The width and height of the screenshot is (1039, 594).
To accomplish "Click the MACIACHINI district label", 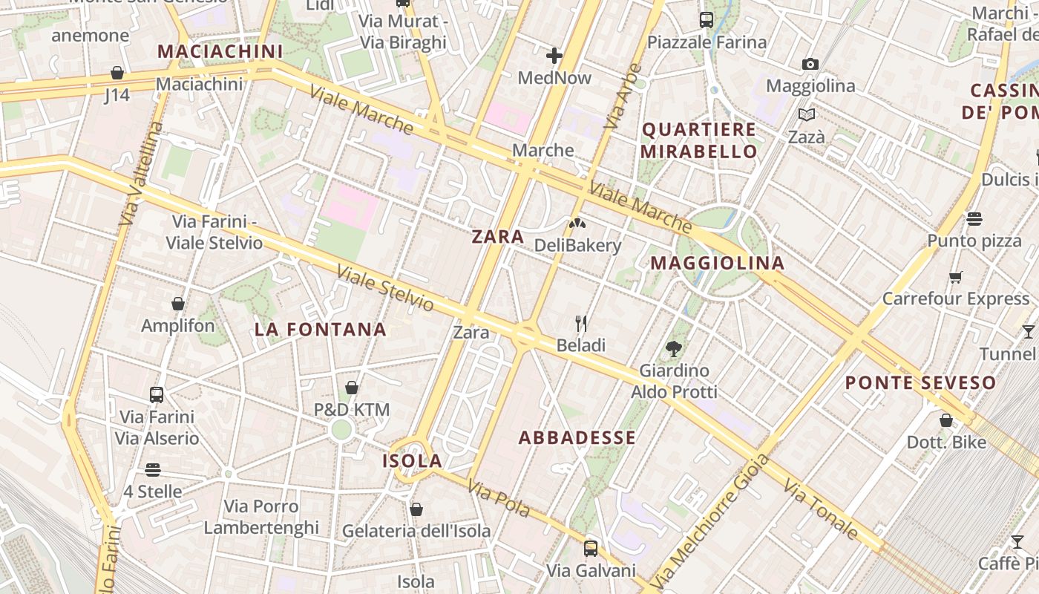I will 220,51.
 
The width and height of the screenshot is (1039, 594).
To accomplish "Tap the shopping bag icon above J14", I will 117,73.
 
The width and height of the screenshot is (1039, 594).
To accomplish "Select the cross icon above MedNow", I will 554,55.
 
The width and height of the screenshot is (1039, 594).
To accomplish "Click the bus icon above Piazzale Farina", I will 707,20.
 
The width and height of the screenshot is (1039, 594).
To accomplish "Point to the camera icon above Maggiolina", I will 810,65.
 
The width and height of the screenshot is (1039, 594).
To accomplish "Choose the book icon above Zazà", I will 807,114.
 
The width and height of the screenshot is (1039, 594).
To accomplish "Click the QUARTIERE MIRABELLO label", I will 699,140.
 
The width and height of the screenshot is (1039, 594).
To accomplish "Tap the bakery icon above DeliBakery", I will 577,223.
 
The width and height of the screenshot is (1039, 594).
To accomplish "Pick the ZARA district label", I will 498,237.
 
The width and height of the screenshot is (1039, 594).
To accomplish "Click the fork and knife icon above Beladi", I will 581,323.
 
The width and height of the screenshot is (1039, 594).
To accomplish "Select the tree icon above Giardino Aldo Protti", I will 674,347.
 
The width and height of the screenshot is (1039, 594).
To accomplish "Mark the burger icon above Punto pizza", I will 974,219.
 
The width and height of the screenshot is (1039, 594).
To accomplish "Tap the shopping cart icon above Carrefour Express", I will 956,277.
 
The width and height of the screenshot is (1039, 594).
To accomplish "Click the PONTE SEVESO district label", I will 920,383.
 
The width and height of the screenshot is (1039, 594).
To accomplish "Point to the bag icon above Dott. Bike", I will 946,421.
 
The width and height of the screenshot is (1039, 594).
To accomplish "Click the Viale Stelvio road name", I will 384,288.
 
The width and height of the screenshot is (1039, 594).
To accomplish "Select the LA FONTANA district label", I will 321,330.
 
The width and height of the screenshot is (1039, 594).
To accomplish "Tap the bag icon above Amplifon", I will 178,304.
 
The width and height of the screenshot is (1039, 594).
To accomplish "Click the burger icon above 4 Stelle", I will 153,470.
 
